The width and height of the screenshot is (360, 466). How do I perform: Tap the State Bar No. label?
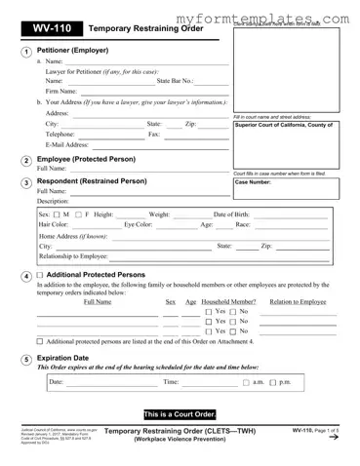176,81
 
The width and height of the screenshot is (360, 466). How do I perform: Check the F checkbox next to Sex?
77,214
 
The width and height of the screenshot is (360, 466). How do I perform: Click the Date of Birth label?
237,214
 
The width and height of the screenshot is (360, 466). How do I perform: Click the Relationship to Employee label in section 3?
73,255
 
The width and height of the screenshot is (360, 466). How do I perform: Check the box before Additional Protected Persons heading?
40,276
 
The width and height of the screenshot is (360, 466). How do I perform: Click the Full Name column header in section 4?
98,302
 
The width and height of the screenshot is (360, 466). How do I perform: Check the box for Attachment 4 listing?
40,341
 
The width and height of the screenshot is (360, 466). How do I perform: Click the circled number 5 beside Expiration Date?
23,360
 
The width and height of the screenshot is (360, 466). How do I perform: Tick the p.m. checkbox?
272,382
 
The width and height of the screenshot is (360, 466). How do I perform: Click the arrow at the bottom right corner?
335,438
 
